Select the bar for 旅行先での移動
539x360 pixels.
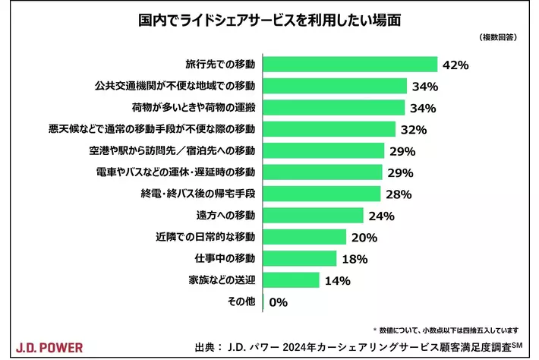click(350, 65)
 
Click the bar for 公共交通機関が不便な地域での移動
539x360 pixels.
click(335, 86)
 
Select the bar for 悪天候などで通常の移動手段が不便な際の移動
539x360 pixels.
click(329, 129)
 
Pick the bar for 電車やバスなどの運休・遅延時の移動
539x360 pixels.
click(323, 172)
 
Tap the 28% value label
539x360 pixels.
click(398, 194)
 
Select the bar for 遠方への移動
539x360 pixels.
click(313, 216)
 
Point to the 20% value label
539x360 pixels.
click(364, 238)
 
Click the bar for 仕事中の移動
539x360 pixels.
click(300, 259)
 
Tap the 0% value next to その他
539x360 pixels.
click(278, 302)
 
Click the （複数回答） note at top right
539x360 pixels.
click(498, 36)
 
